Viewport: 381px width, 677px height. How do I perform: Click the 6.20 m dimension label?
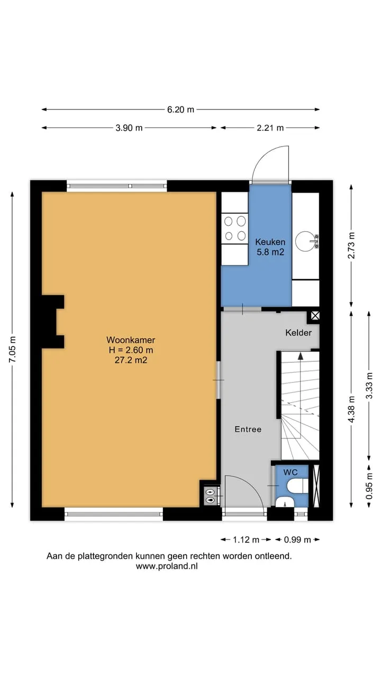click(x=180, y=109)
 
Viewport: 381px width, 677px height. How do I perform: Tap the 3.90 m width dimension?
click(x=129, y=128)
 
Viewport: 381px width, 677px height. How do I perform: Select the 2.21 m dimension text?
click(x=270, y=128)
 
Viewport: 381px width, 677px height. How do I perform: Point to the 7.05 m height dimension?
click(x=12, y=349)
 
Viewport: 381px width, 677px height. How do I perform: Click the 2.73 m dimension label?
click(x=351, y=245)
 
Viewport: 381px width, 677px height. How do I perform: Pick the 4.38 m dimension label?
click(x=351, y=409)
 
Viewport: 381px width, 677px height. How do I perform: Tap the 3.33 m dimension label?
click(x=369, y=386)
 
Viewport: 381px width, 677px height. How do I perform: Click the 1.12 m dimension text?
click(x=246, y=539)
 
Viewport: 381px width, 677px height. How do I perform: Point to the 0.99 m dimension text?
click(x=297, y=539)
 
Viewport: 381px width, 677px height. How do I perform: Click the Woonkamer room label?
click(x=131, y=340)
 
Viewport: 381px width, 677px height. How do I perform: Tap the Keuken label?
click(x=270, y=242)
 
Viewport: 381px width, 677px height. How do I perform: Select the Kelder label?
click(x=298, y=333)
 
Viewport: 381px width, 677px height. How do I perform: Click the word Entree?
click(x=248, y=429)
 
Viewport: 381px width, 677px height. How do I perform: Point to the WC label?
click(x=291, y=472)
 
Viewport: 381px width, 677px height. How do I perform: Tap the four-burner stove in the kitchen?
click(x=234, y=228)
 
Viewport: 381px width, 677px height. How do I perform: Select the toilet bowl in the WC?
click(x=297, y=486)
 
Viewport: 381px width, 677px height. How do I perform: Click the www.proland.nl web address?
click(x=167, y=566)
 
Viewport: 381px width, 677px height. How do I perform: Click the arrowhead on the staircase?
click(x=300, y=356)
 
